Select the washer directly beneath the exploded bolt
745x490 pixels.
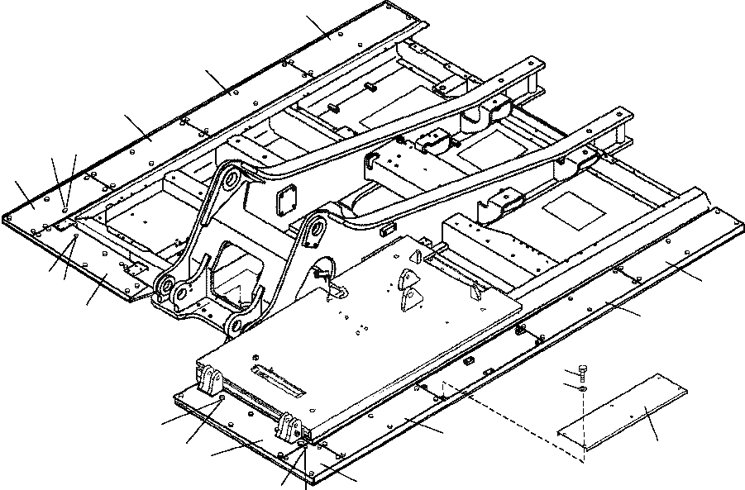click(582, 388)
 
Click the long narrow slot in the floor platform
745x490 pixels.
click(278, 379)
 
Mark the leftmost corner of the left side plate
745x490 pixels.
click(5, 218)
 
